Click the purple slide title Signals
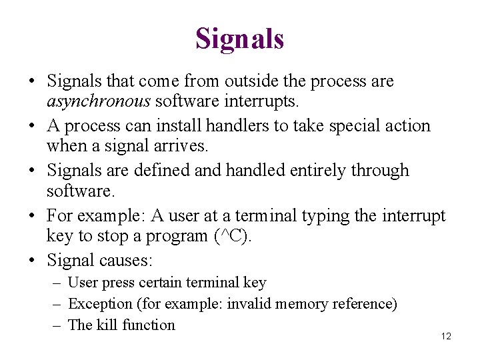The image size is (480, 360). [x=239, y=39]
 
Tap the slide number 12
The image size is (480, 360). [x=446, y=336]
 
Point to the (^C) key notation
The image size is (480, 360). [x=231, y=236]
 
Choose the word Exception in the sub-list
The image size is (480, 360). [x=100, y=304]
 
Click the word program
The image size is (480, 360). [x=172, y=236]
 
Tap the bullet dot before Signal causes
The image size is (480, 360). [x=32, y=259]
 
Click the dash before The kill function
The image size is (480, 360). [x=57, y=325]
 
